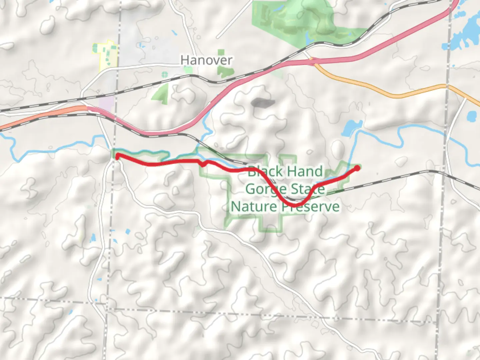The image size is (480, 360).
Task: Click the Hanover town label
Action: click(206, 60)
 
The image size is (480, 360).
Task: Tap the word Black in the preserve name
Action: click(265, 172)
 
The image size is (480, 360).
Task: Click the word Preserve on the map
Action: click(310, 207)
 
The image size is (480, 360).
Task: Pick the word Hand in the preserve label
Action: click(305, 172)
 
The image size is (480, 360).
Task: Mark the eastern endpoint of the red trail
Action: click(357, 168)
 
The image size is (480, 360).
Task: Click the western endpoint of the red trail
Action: click(117, 156)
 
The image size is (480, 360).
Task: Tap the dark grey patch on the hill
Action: click(263, 103)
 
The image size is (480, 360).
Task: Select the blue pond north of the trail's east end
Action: click(350, 128)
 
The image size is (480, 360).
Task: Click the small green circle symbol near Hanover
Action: click(164, 75)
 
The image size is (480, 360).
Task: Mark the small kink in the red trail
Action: click(204, 164)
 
